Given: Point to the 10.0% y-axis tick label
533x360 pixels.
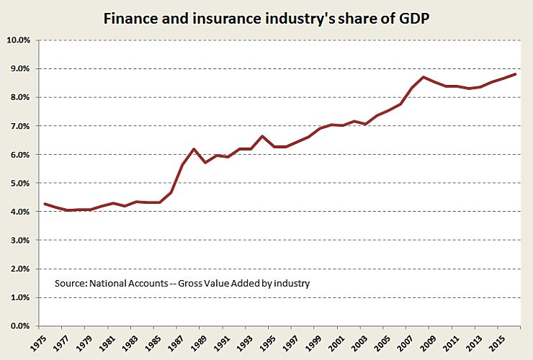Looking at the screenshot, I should (19, 40).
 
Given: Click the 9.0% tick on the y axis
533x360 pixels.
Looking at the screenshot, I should (21, 68).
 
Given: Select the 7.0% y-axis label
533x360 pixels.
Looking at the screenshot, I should (21, 126).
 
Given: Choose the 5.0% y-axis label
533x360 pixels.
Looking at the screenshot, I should (21, 183).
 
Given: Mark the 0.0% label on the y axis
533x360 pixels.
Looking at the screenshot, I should (21, 326).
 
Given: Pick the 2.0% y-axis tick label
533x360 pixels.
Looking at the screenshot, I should (21, 269).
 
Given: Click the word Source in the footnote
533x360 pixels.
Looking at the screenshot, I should (70, 284).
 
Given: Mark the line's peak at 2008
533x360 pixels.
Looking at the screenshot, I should (424, 77).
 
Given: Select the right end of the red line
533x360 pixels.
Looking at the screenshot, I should (515, 74).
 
